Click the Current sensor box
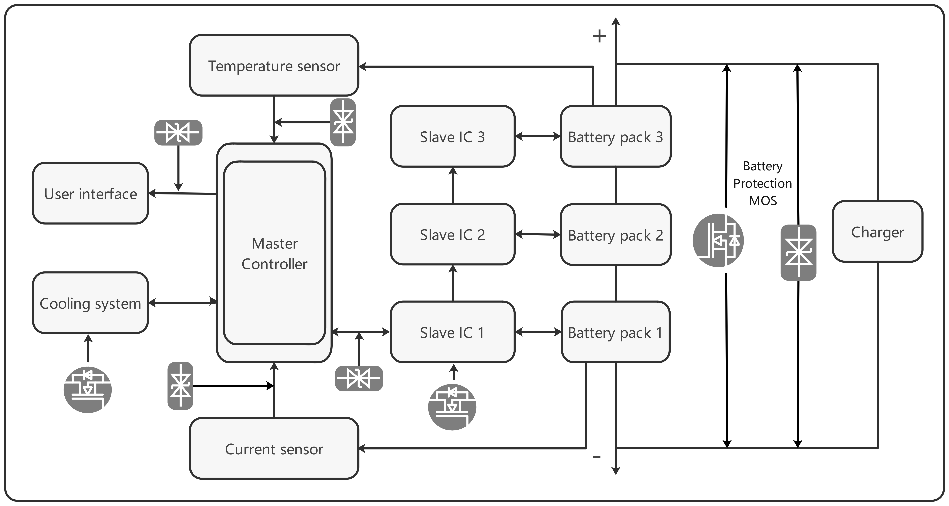(x=274, y=448)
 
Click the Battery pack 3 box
(x=616, y=136)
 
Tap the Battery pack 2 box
(x=616, y=235)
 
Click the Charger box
(x=877, y=232)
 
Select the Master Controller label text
(x=274, y=254)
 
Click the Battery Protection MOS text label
(x=763, y=183)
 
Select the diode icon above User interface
(x=178, y=132)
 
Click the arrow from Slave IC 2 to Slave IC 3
(x=453, y=185)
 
